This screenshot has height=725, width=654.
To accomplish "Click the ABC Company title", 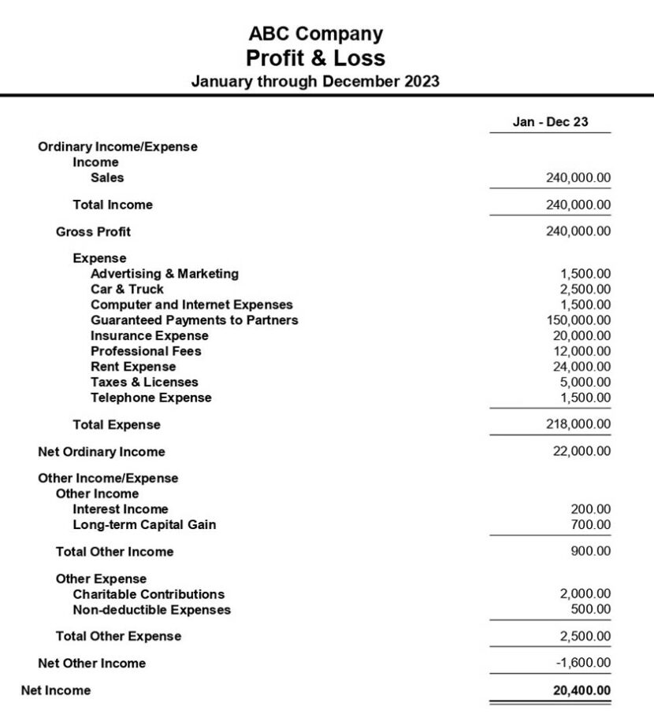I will pos(315,34).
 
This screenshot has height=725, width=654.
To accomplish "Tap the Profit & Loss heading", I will pos(315,57).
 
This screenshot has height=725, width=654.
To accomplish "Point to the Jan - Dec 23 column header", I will pos(550,122).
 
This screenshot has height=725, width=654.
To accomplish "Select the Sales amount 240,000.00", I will pos(578,178).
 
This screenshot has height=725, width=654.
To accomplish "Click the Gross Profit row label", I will pos(93,231).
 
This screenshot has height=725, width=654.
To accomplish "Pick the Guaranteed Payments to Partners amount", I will pos(578,320).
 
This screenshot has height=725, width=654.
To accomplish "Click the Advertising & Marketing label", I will pos(164,274).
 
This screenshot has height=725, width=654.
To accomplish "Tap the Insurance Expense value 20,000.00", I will pos(582,336).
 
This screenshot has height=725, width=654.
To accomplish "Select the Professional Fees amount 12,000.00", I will pos(582,351).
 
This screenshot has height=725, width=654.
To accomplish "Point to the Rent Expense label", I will pos(133,367).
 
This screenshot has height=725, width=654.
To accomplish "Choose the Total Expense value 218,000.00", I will pos(578,425).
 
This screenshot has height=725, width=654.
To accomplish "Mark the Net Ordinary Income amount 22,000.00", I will pos(582,452).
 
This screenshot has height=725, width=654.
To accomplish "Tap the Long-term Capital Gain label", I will pos(144,525).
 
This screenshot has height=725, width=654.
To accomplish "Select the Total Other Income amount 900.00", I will pos(591,552).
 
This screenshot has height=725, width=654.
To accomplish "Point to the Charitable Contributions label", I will pos(148,594).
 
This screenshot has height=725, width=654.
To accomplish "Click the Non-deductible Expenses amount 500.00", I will pos(591,610).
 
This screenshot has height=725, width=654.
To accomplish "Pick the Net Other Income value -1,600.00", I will pos(583,664).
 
